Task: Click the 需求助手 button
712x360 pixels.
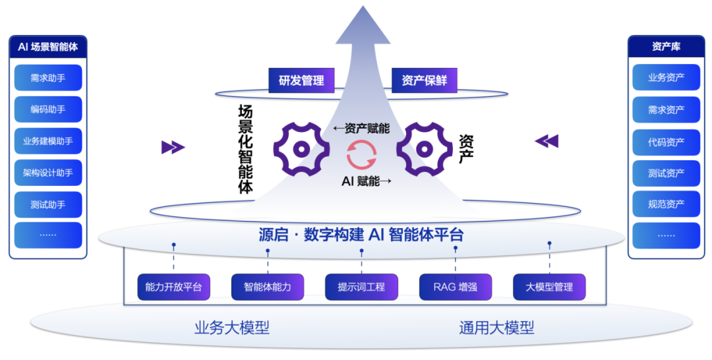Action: (x=48, y=78)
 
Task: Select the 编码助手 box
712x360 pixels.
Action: (x=48, y=109)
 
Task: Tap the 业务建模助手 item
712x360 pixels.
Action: (x=48, y=141)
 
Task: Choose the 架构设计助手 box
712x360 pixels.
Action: (x=48, y=173)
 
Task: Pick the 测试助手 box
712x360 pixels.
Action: (x=48, y=204)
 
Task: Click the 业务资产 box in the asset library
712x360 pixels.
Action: (x=666, y=78)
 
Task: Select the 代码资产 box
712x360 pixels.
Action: (x=666, y=142)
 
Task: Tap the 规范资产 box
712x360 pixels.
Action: (x=666, y=204)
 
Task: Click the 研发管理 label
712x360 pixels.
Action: (x=301, y=80)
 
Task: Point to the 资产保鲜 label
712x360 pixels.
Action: (x=425, y=80)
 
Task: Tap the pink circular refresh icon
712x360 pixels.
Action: (x=362, y=155)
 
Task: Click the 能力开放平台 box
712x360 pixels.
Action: (x=174, y=287)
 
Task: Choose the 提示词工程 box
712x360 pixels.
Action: (x=361, y=287)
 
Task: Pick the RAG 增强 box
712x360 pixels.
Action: (x=456, y=287)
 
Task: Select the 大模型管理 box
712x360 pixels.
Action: (x=549, y=287)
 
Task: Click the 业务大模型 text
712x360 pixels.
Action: (x=232, y=328)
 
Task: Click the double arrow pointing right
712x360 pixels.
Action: (x=173, y=147)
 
